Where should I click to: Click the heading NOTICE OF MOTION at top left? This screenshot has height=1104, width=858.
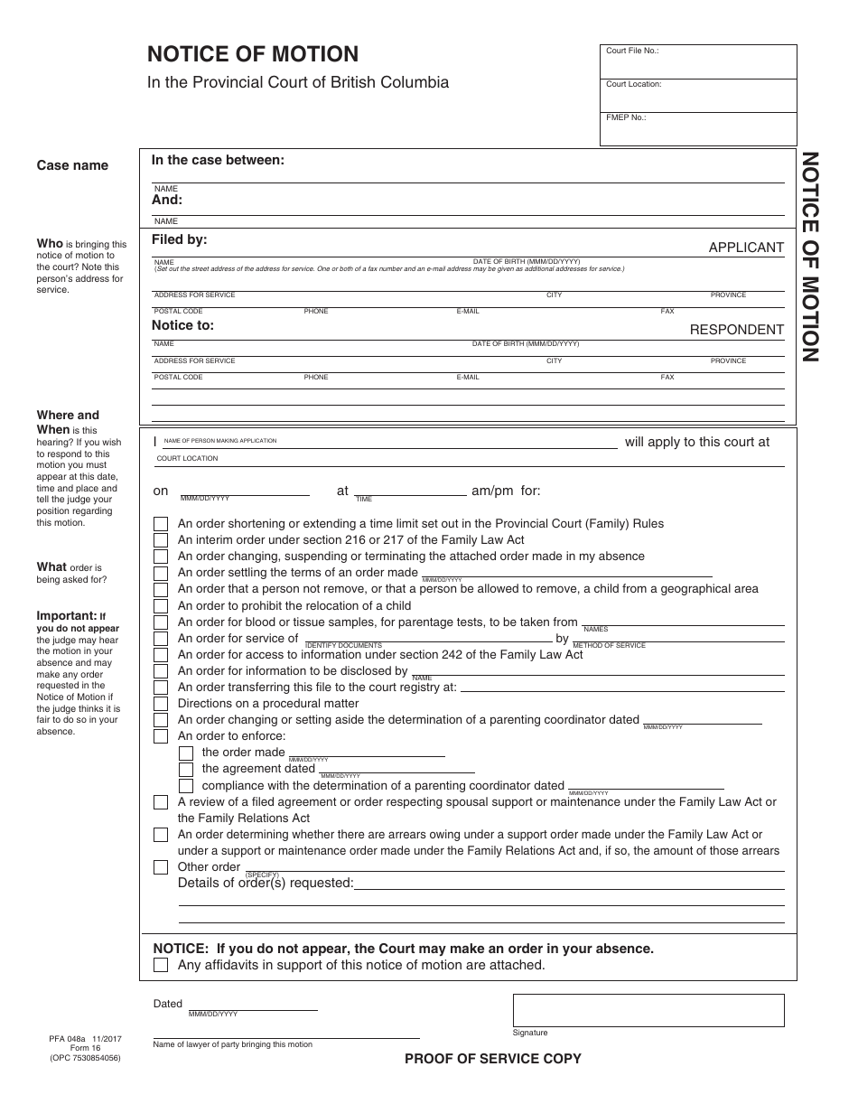coord(253,54)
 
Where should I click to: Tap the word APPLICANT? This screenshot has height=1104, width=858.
coord(746,247)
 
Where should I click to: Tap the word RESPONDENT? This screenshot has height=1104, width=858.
coord(736,330)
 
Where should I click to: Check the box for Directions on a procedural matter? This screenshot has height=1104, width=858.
coord(161,704)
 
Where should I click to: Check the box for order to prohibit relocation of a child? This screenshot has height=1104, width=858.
coord(161,606)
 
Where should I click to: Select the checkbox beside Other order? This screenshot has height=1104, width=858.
coord(161,867)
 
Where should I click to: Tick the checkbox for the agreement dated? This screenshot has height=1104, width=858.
coord(186,770)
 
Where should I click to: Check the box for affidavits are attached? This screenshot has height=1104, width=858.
coord(161,965)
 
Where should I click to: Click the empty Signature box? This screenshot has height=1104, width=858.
coord(648,1010)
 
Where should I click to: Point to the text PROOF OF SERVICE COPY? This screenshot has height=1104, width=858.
coord(492,1059)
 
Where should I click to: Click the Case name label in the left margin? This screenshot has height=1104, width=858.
coord(72,165)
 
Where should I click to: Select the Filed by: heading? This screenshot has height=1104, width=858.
coord(179,239)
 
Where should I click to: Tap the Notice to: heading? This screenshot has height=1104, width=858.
coord(182,324)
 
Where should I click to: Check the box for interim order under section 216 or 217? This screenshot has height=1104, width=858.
coord(161,540)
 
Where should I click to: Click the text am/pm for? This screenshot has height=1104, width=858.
coord(506,491)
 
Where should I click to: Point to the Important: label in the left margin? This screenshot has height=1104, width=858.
coord(66,615)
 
